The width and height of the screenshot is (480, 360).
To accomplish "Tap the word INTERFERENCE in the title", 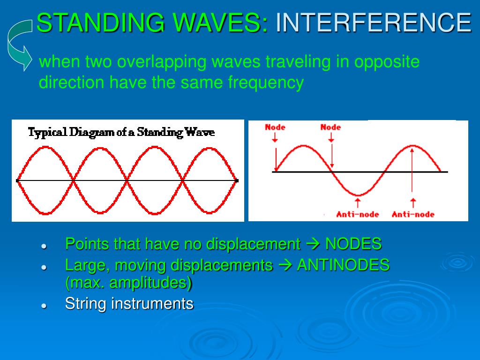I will pyautogui.click(x=373, y=22).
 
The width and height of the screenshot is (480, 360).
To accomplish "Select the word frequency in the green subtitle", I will pyautogui.click(x=266, y=82).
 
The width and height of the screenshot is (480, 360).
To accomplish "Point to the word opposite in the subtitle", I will pyautogui.click(x=387, y=61).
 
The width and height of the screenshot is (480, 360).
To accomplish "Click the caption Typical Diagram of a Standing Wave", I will pyautogui.click(x=121, y=132).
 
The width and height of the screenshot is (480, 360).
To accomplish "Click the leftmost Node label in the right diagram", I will pyautogui.click(x=275, y=127).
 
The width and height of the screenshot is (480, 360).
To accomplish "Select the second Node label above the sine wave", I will pyautogui.click(x=330, y=127).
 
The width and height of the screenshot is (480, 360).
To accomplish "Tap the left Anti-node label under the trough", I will pyautogui.click(x=358, y=214).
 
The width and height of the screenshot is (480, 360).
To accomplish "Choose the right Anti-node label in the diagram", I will pyautogui.click(x=413, y=214).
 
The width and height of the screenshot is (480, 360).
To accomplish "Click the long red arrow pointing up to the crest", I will pyautogui.click(x=412, y=169).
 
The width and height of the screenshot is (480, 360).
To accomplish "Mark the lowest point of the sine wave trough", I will pyautogui.click(x=358, y=195).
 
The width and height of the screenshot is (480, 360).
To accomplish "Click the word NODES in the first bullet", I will pyautogui.click(x=353, y=244).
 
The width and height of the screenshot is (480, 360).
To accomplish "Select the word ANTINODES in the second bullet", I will pyautogui.click(x=343, y=265).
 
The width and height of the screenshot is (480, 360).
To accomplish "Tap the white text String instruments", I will pyautogui.click(x=129, y=303).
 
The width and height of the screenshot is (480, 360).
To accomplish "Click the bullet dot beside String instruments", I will pyautogui.click(x=44, y=305).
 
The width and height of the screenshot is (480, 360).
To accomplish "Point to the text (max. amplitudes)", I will pyautogui.click(x=128, y=283).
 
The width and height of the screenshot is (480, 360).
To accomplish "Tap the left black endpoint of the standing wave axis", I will pyautogui.click(x=17, y=180).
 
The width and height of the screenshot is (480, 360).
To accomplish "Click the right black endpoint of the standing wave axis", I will pyautogui.click(x=237, y=180).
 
